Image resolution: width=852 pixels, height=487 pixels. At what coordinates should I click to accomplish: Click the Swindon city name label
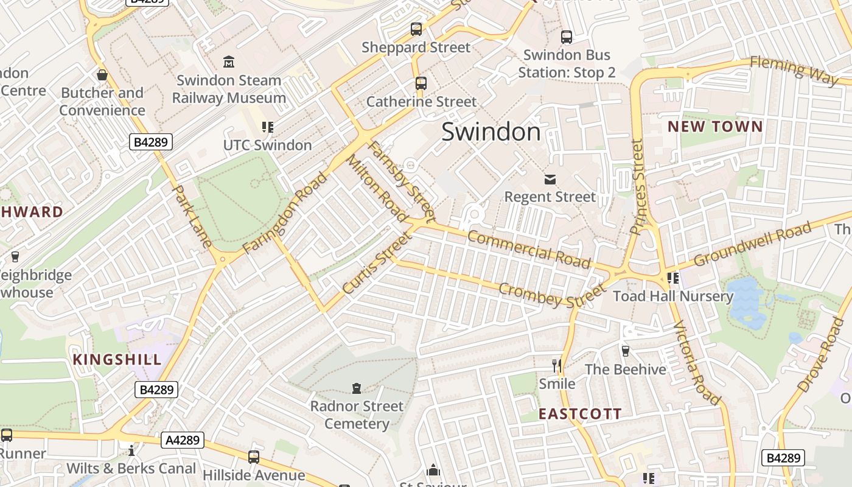coord(491,132)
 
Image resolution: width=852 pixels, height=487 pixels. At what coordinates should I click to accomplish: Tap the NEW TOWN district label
coord(715,127)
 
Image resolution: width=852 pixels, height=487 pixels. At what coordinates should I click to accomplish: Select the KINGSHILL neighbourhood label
coord(117,359)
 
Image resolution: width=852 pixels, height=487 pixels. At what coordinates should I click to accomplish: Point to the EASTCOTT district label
coord(580,415)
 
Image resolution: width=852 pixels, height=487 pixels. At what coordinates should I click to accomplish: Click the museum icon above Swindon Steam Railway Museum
coord(229,61)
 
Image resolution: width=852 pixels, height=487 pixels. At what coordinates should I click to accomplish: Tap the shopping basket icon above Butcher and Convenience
coord(102,75)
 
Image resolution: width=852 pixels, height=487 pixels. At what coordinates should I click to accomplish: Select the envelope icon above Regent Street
coord(550,179)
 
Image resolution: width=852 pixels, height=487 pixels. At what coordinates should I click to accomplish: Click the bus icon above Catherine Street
coord(421,83)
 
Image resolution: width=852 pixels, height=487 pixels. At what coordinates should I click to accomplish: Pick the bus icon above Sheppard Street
coord(416,29)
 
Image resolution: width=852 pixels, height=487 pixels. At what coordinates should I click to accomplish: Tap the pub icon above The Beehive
coord(625,351)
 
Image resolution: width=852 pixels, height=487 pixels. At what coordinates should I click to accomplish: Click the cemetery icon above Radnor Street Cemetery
coord(357,388)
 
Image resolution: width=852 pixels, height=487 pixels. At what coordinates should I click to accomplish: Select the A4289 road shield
coord(183,440)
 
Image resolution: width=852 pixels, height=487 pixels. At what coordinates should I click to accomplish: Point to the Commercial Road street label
coord(529,249)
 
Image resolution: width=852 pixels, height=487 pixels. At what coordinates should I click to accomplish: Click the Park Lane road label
coord(192,216)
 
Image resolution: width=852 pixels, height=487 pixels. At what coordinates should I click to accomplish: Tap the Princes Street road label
coord(637,187)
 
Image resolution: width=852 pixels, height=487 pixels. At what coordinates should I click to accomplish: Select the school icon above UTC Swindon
coord(267,127)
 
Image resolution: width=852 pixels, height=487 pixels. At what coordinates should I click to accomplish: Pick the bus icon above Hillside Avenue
coord(254,457)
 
